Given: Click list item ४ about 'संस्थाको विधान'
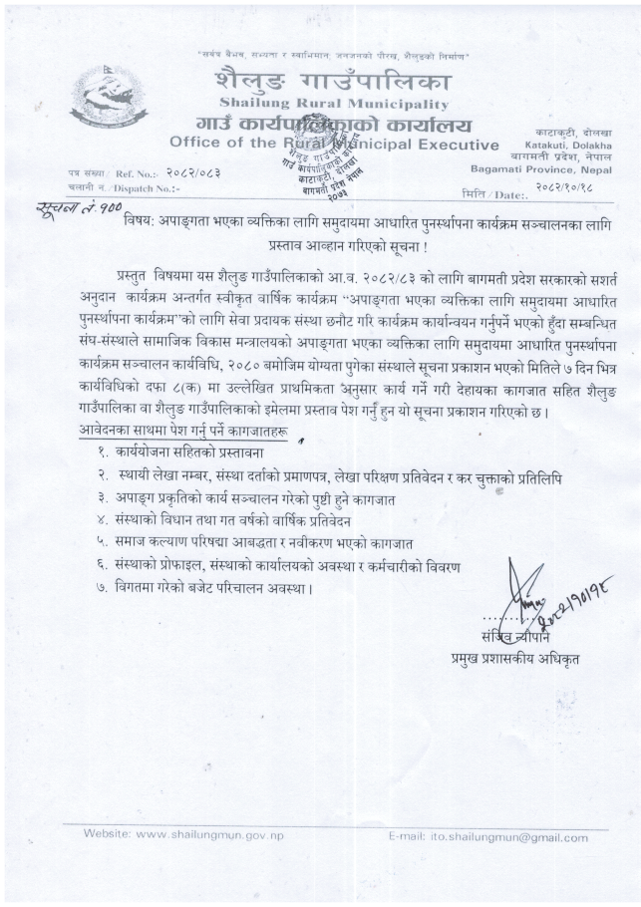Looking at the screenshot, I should [226, 520].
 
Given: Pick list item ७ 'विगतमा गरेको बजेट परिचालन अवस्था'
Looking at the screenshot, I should [210, 588].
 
